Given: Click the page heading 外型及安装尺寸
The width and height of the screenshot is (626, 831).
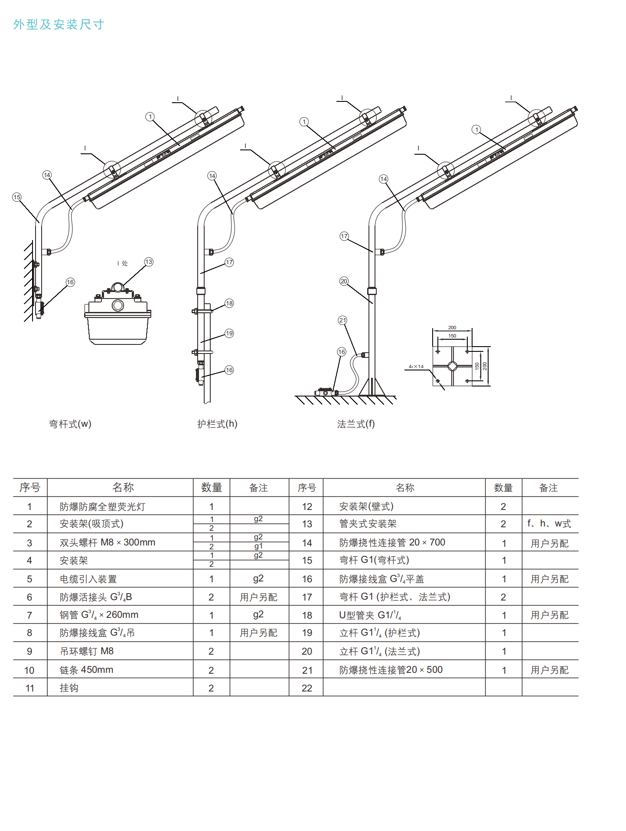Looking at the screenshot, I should (59, 24).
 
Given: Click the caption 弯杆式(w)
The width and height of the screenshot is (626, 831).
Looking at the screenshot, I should (70, 424).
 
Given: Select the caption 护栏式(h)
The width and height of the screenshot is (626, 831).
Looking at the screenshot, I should (217, 424).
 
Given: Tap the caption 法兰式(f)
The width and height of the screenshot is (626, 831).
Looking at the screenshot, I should (356, 424).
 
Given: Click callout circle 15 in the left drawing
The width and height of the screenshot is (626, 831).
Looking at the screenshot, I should (17, 197).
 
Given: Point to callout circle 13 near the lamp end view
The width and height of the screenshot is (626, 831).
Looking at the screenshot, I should (149, 262).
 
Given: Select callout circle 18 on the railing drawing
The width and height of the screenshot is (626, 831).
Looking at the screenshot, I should (229, 303).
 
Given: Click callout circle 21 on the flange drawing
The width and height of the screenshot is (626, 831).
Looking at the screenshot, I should (342, 320).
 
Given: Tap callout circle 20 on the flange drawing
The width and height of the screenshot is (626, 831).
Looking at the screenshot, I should (344, 281).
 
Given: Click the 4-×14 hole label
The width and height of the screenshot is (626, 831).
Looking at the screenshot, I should (416, 367).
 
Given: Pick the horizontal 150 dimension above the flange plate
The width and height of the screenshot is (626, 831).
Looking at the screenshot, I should (452, 336).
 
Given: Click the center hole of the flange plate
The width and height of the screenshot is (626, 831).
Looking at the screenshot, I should (452, 366).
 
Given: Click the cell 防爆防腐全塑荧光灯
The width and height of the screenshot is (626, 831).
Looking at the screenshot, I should (102, 506).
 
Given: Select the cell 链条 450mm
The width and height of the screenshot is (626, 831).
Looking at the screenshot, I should (86, 670).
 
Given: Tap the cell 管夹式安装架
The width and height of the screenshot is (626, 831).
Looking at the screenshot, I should (368, 524).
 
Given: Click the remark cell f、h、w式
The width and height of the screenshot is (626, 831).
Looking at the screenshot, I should (549, 524).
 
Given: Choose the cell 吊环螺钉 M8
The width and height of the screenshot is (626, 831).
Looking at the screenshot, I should (86, 651).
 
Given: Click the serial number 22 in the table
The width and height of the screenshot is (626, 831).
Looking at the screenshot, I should (306, 688).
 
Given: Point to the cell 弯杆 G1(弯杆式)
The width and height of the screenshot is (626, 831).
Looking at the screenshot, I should (374, 560).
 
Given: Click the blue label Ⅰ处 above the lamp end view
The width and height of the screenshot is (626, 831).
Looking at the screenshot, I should (123, 263).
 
